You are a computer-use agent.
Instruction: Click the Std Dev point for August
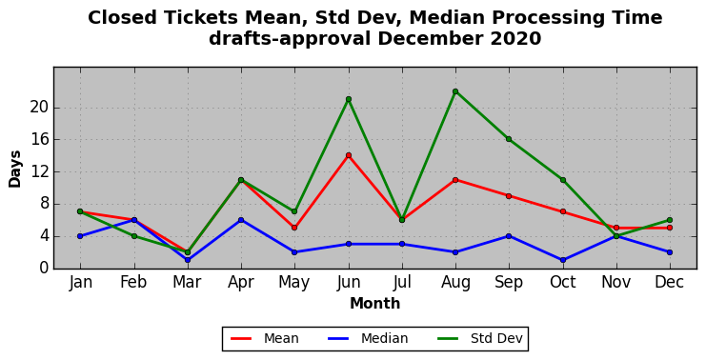pyautogui.click(x=455, y=91)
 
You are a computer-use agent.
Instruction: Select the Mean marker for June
pyautogui.click(x=348, y=155)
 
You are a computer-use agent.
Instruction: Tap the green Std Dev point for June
pyautogui.click(x=348, y=99)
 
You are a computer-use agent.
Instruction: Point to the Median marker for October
pyautogui.click(x=563, y=260)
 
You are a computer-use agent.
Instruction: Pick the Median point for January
pyautogui.click(x=80, y=236)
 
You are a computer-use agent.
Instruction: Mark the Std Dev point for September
pyautogui.click(x=509, y=139)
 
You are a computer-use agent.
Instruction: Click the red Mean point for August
pyautogui.click(x=455, y=180)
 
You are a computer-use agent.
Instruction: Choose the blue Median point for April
pyautogui.click(x=241, y=220)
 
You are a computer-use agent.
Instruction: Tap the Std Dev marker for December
pyautogui.click(x=670, y=220)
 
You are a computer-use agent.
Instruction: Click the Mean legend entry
pyautogui.click(x=265, y=338)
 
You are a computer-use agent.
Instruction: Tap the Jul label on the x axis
pyautogui.click(x=402, y=282)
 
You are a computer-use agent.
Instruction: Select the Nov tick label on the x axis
pyautogui.click(x=616, y=282)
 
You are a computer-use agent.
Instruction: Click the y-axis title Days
pyautogui.click(x=15, y=170)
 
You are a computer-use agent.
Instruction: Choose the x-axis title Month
pyautogui.click(x=375, y=303)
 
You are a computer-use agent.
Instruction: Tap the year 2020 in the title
pyautogui.click(x=515, y=39)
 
